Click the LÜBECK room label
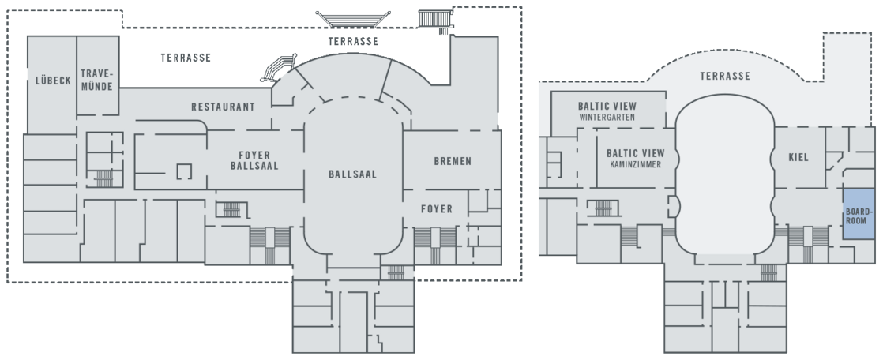point(53,81)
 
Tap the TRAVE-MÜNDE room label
point(97,80)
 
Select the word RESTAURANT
point(223,107)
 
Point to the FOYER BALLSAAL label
point(254,160)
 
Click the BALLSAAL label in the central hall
point(352,174)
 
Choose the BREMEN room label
point(453,161)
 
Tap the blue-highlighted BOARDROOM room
point(859,214)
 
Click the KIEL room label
point(798,158)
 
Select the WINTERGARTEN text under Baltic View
point(607,118)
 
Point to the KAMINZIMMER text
point(635,165)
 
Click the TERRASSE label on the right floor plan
point(725,76)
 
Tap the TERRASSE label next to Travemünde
point(186,58)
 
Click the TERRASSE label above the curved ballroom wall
point(353,42)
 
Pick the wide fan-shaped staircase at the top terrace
point(353,19)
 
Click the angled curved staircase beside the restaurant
point(278,69)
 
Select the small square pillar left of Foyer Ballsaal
point(184,171)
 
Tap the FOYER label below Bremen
point(437,209)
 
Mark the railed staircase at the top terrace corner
point(436,19)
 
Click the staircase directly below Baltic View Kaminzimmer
point(603,208)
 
